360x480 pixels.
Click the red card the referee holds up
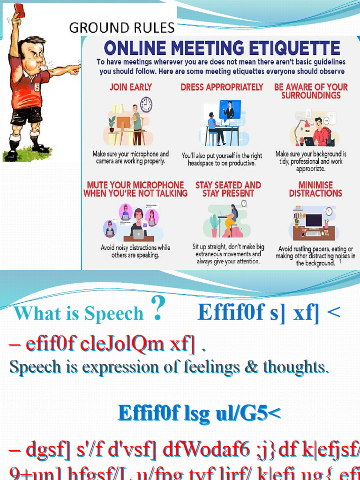pos(19,9)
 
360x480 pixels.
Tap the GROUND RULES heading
pos(122,28)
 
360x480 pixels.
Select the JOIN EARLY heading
pos(131,87)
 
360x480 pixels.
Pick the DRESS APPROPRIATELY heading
pos(222,87)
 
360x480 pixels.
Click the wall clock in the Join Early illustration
pos(146,104)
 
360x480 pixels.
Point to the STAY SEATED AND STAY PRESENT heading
pos(228,189)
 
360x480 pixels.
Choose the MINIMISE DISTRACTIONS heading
pos(315,189)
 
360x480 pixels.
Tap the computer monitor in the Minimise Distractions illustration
pos(314,220)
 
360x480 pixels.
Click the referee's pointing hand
pos(75,69)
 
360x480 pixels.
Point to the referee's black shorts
pos(26,115)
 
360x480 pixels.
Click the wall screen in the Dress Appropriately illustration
pos(230,109)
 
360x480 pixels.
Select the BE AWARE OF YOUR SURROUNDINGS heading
pos(311,91)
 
